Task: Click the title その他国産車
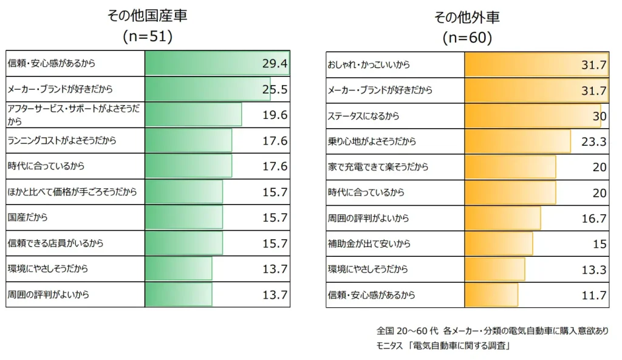pyautogui.click(x=147, y=16)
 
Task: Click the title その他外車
pyautogui.click(x=467, y=17)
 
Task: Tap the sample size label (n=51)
pyautogui.click(x=148, y=36)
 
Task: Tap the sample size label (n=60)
pyautogui.click(x=467, y=38)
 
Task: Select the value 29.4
pyautogui.click(x=275, y=64)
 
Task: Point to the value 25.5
pyautogui.click(x=275, y=90)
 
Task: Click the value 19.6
pyautogui.click(x=275, y=115)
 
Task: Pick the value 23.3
pyautogui.click(x=593, y=141)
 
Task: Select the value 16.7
pyautogui.click(x=593, y=219)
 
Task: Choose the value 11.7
pyautogui.click(x=593, y=296)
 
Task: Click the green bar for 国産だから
pyautogui.click(x=183, y=217)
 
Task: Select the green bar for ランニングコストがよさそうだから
pyautogui.click(x=188, y=140)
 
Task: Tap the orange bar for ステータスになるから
pyautogui.click(x=532, y=116)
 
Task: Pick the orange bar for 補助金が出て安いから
pyautogui.click(x=498, y=244)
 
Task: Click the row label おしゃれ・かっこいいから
pyautogui.click(x=369, y=64)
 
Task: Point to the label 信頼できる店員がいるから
pyautogui.click(x=55, y=243)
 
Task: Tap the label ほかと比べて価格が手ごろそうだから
pyautogui.click(x=72, y=192)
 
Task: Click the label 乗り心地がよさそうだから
pyautogui.click(x=372, y=141)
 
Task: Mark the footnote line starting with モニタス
pyautogui.click(x=443, y=347)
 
